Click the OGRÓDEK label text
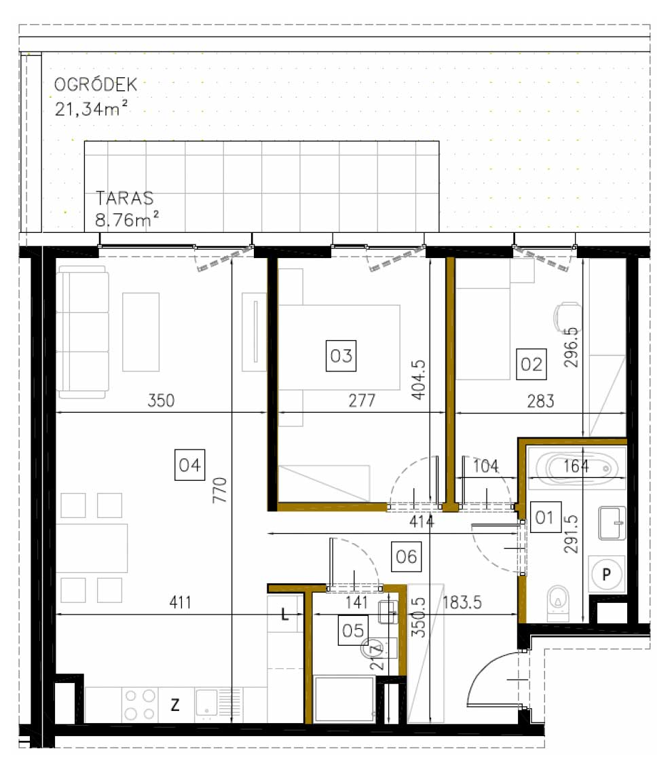[x=96, y=85]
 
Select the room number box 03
[x=341, y=356]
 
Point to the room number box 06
[x=406, y=556]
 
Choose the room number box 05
[x=354, y=631]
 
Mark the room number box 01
[x=544, y=519]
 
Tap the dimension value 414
[x=421, y=521]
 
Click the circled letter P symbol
[x=608, y=574]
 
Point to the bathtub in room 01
[x=576, y=467]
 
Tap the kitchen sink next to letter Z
[x=217, y=703]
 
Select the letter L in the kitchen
[x=286, y=616]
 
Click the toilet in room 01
[x=558, y=601]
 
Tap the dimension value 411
[x=181, y=602]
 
